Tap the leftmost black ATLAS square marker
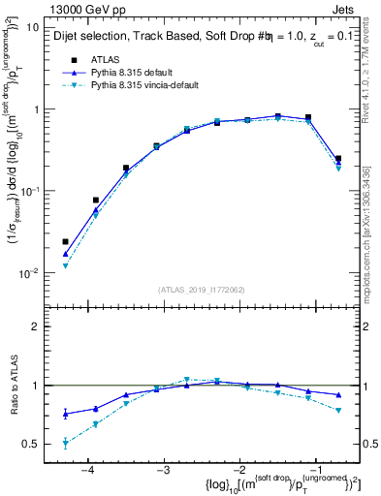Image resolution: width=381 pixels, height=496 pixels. point(65,241)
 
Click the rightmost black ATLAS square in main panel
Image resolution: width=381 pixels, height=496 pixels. point(338,159)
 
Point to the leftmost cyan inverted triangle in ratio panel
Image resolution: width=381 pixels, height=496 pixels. point(65,444)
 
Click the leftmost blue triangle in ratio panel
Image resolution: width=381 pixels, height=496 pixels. point(65,414)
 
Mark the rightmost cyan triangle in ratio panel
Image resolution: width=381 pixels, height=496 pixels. point(338,411)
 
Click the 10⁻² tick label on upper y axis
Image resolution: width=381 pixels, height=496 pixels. point(28,273)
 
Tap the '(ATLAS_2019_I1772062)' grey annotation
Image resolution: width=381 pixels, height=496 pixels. point(199,290)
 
